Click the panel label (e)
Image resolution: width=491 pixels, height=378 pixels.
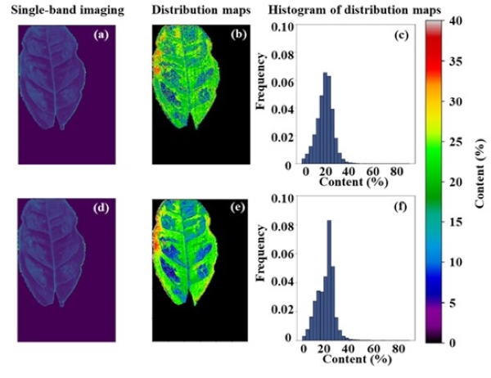point(214,208)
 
